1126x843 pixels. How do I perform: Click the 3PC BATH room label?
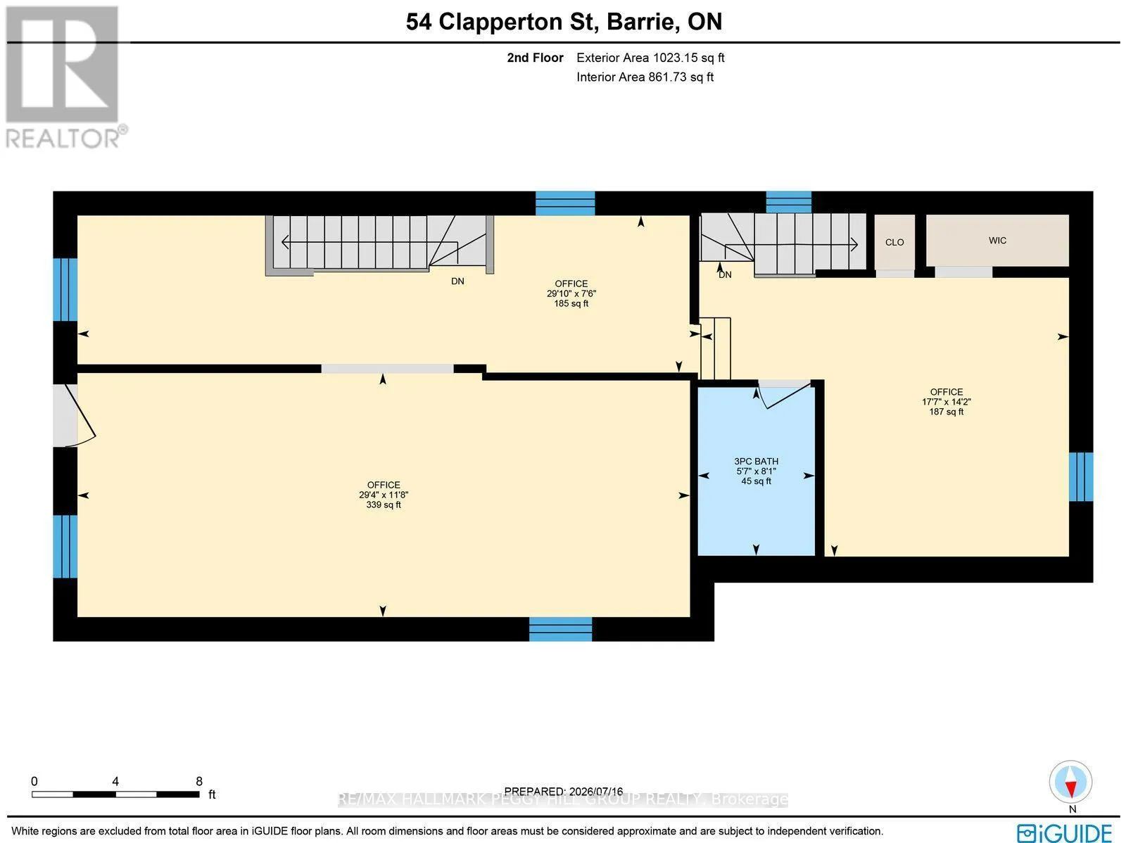click(x=756, y=462)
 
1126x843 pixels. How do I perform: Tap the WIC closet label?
click(x=997, y=241)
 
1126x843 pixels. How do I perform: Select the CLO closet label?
click(x=894, y=243)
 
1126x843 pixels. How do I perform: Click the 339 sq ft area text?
click(x=384, y=505)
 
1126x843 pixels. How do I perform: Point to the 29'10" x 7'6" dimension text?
click(x=571, y=294)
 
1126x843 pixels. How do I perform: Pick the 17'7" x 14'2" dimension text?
click(x=947, y=402)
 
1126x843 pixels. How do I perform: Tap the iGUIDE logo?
click(x=1065, y=832)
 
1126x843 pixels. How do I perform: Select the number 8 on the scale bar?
click(x=199, y=782)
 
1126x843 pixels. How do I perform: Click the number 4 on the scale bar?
click(x=115, y=782)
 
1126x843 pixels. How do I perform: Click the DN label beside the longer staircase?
click(x=457, y=281)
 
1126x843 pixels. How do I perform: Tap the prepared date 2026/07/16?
click(x=595, y=792)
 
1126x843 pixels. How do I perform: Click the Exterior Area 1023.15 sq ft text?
click(x=650, y=58)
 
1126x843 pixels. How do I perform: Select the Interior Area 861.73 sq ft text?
click(x=645, y=77)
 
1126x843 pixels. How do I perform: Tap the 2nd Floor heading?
click(x=535, y=58)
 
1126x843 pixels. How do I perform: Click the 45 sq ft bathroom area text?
click(x=756, y=481)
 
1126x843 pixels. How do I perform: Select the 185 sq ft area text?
click(x=571, y=303)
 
